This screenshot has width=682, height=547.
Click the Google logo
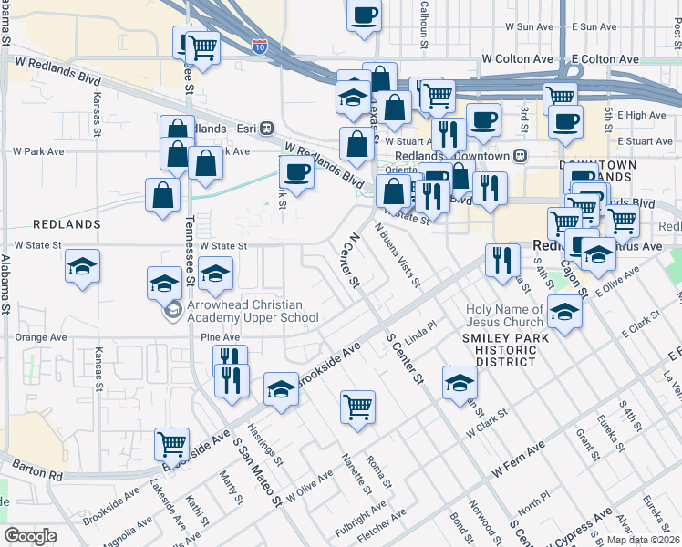pos(30,536)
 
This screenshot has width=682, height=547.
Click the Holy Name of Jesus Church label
pos(504,315)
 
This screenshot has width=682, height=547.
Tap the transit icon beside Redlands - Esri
pos(267,128)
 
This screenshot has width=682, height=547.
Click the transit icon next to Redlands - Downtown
pos(521,156)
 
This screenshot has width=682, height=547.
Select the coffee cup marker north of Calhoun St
pos(364,15)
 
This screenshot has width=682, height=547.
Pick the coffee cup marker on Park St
pos(297,170)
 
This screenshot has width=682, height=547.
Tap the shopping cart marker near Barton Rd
pos(171,444)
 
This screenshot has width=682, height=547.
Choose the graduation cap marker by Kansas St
pos(83,267)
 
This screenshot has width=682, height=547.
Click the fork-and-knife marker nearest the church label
pos(501,260)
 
